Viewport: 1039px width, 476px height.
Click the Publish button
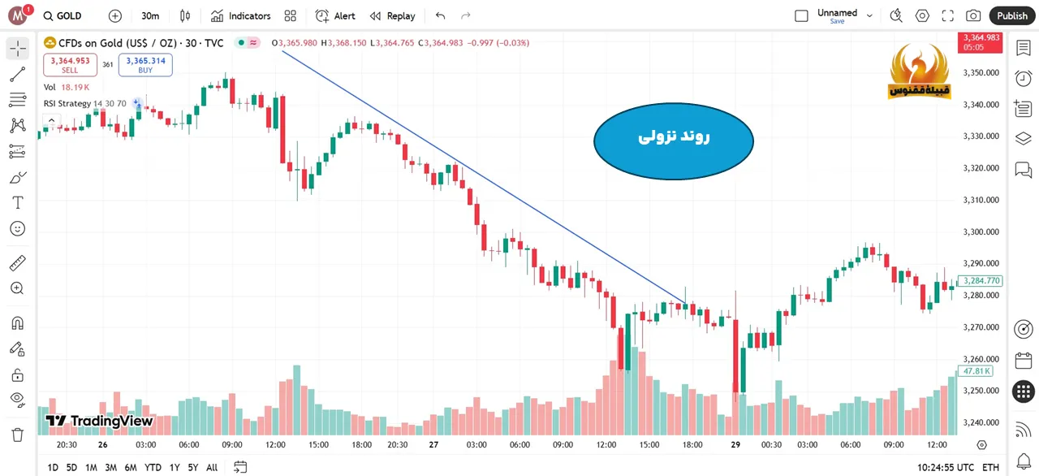click(x=1012, y=15)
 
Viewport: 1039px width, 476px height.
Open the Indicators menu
click(x=240, y=15)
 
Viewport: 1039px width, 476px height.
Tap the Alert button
click(x=335, y=15)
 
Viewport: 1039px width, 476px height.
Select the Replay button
click(x=392, y=15)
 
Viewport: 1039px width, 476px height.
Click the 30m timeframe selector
click(x=150, y=15)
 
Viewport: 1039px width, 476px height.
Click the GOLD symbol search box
click(x=63, y=15)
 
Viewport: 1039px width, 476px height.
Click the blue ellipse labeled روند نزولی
click(x=674, y=139)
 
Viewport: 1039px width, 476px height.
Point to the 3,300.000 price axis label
click(x=981, y=232)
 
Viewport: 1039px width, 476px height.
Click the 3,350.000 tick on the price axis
click(x=981, y=72)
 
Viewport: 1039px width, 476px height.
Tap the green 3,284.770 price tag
click(x=981, y=281)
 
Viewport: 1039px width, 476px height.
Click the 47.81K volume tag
click(x=975, y=371)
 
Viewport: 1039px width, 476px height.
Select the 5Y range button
click(x=192, y=467)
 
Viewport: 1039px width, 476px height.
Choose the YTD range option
click(x=153, y=467)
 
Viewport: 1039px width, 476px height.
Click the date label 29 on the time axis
click(x=735, y=444)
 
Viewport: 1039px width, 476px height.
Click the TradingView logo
click(x=99, y=421)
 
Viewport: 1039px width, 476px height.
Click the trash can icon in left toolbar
click(x=17, y=435)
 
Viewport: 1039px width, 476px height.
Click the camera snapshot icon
click(x=973, y=15)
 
